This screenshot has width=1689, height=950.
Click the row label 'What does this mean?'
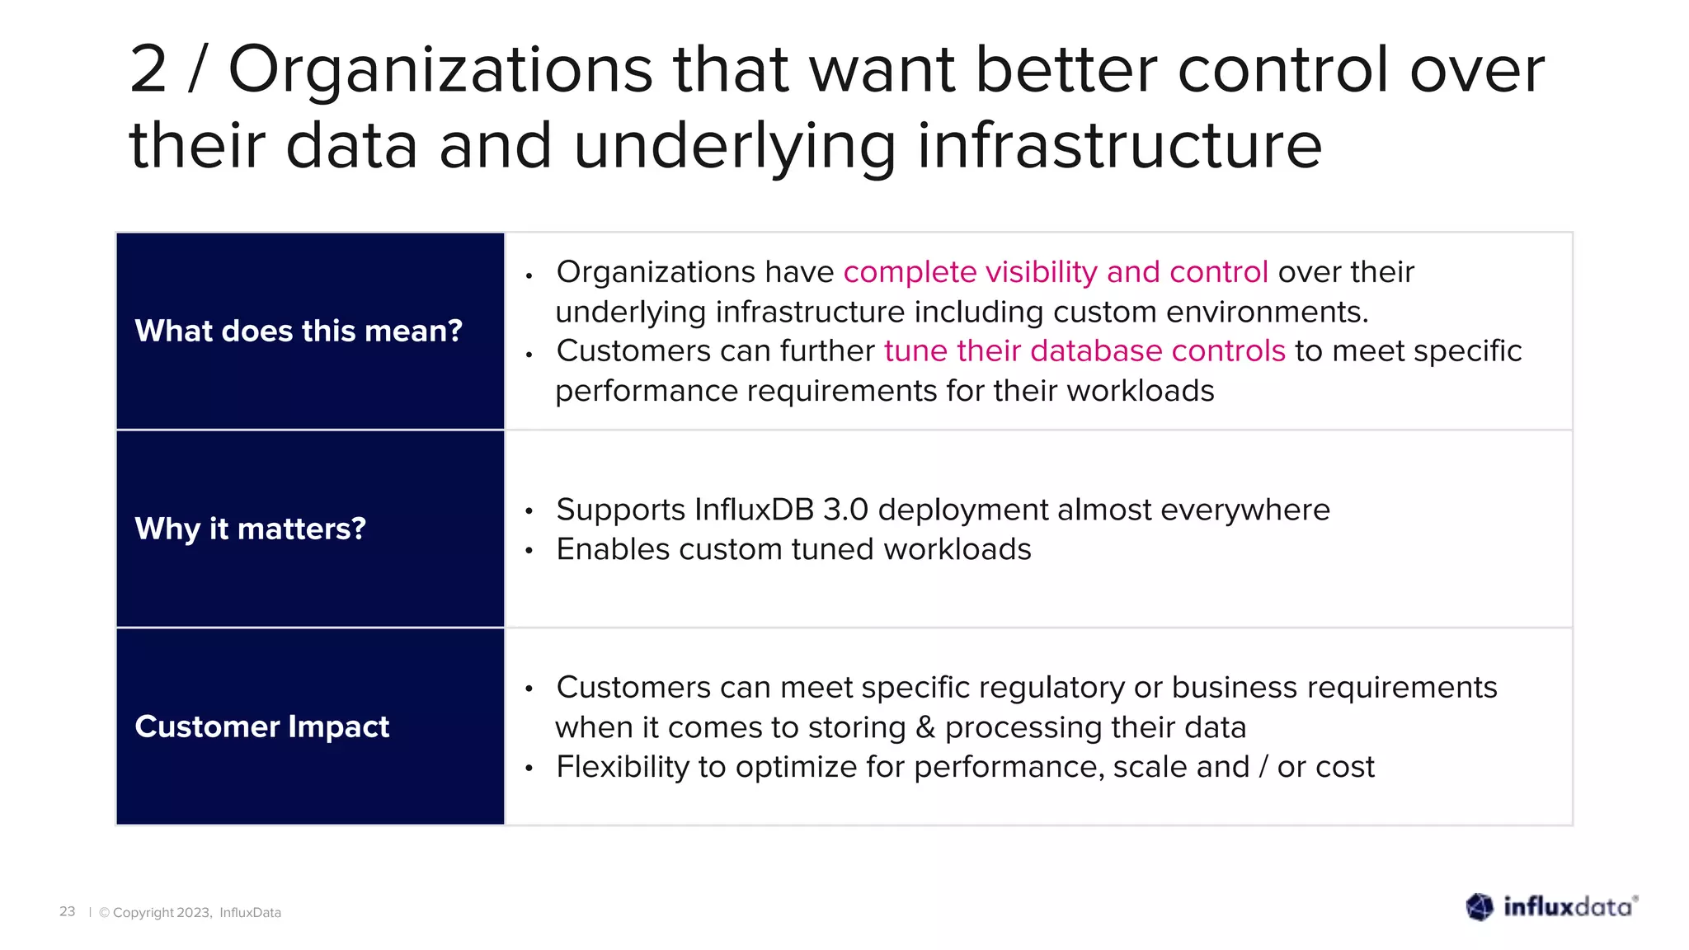tap(299, 331)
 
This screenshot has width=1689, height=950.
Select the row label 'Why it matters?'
tap(250, 529)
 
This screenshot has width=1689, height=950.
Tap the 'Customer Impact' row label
tap(261, 727)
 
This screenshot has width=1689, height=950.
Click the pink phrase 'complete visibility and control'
tap(1055, 272)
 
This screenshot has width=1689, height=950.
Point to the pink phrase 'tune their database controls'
tap(1084, 351)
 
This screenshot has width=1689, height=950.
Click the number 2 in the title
tap(148, 70)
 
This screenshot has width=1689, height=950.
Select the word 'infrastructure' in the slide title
tap(1119, 146)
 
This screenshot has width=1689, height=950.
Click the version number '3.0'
tap(845, 510)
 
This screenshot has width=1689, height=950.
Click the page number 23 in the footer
tap(67, 911)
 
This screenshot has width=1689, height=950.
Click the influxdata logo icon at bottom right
tap(1480, 907)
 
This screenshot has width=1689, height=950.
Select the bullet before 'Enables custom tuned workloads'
tap(529, 551)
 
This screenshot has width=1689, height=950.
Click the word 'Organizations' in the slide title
tap(440, 70)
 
